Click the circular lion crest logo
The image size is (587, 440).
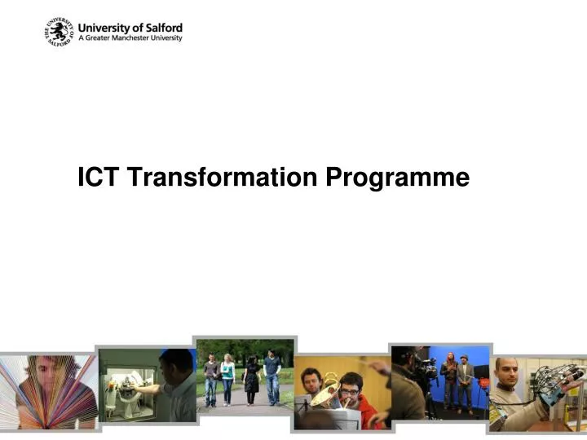pyautogui.click(x=60, y=33)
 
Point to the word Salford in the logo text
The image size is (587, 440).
pyautogui.click(x=163, y=26)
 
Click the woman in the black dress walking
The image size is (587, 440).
pyautogui.click(x=252, y=378)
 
